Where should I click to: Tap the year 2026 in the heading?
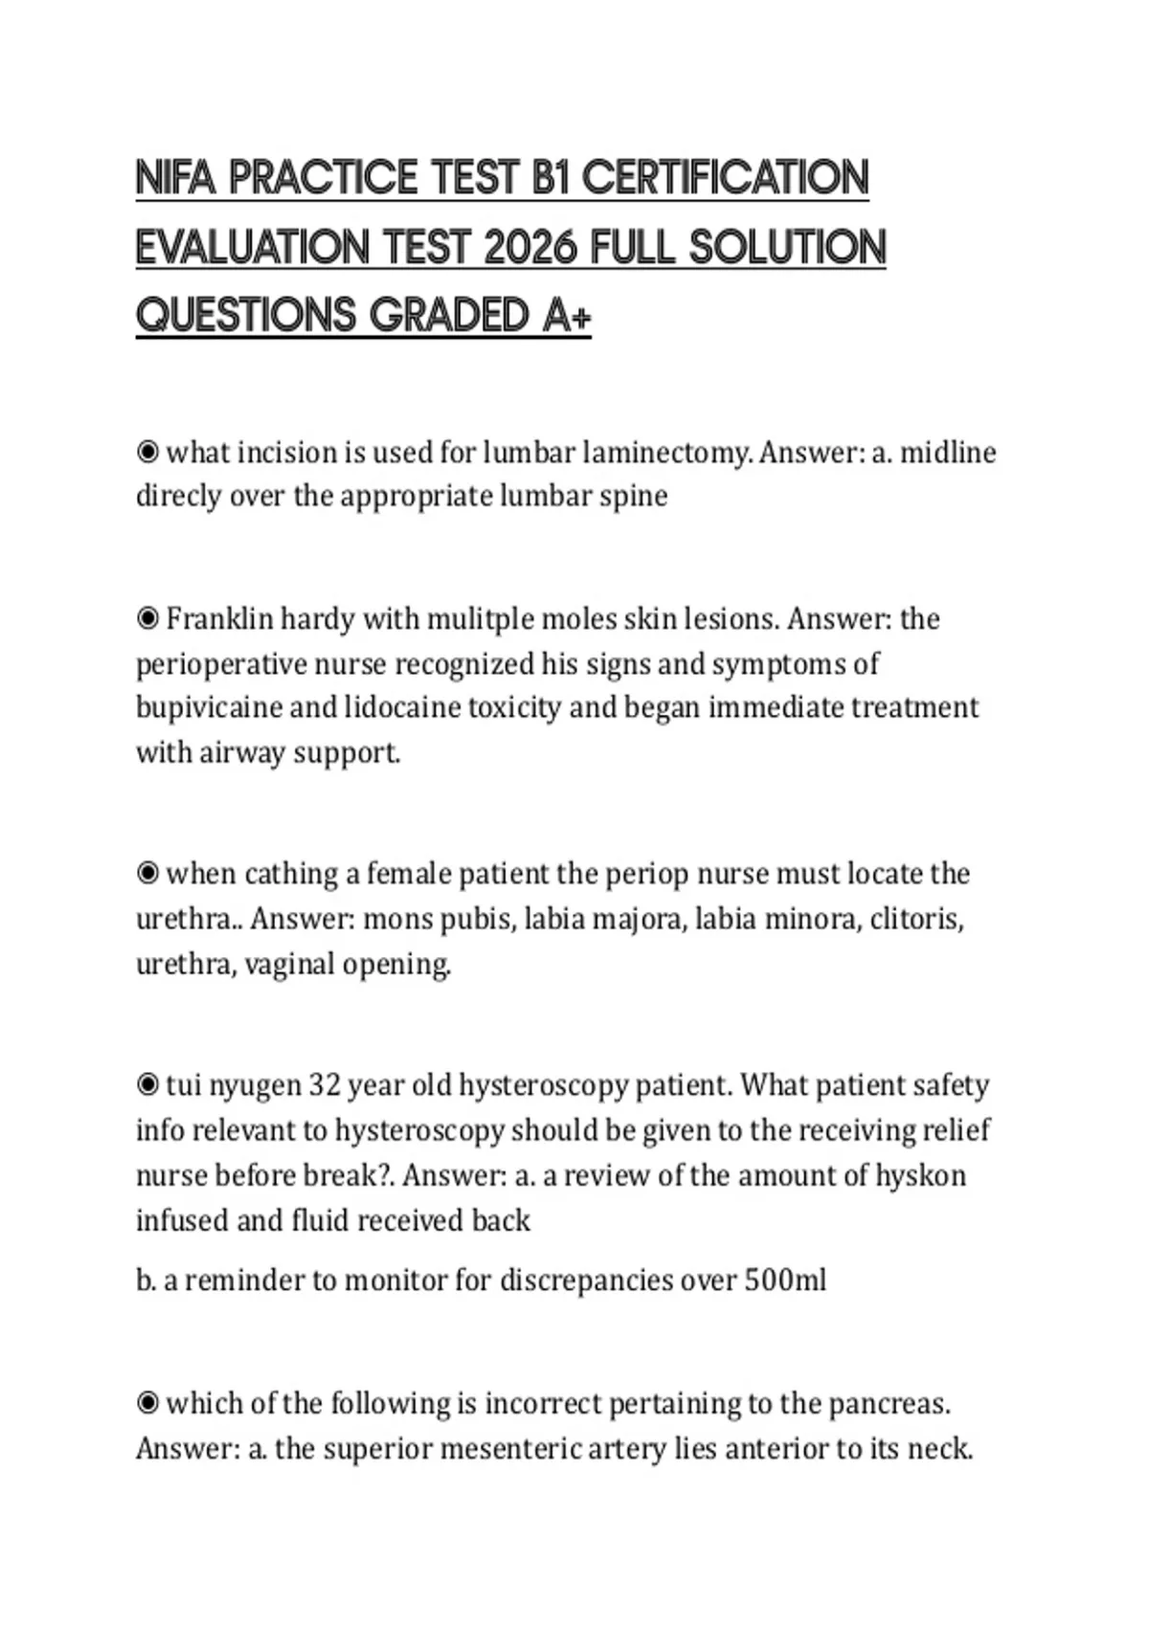point(531,248)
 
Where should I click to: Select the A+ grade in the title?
point(566,316)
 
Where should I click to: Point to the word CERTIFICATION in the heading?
point(725,179)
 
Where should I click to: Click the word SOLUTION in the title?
point(787,248)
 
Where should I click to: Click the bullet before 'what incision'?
point(147,452)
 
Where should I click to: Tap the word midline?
point(948,452)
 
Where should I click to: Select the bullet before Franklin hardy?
point(147,619)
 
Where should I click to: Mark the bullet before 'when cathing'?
point(147,874)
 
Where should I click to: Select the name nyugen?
point(254,1086)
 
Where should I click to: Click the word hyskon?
point(920,1175)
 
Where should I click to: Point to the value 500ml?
point(784,1281)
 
